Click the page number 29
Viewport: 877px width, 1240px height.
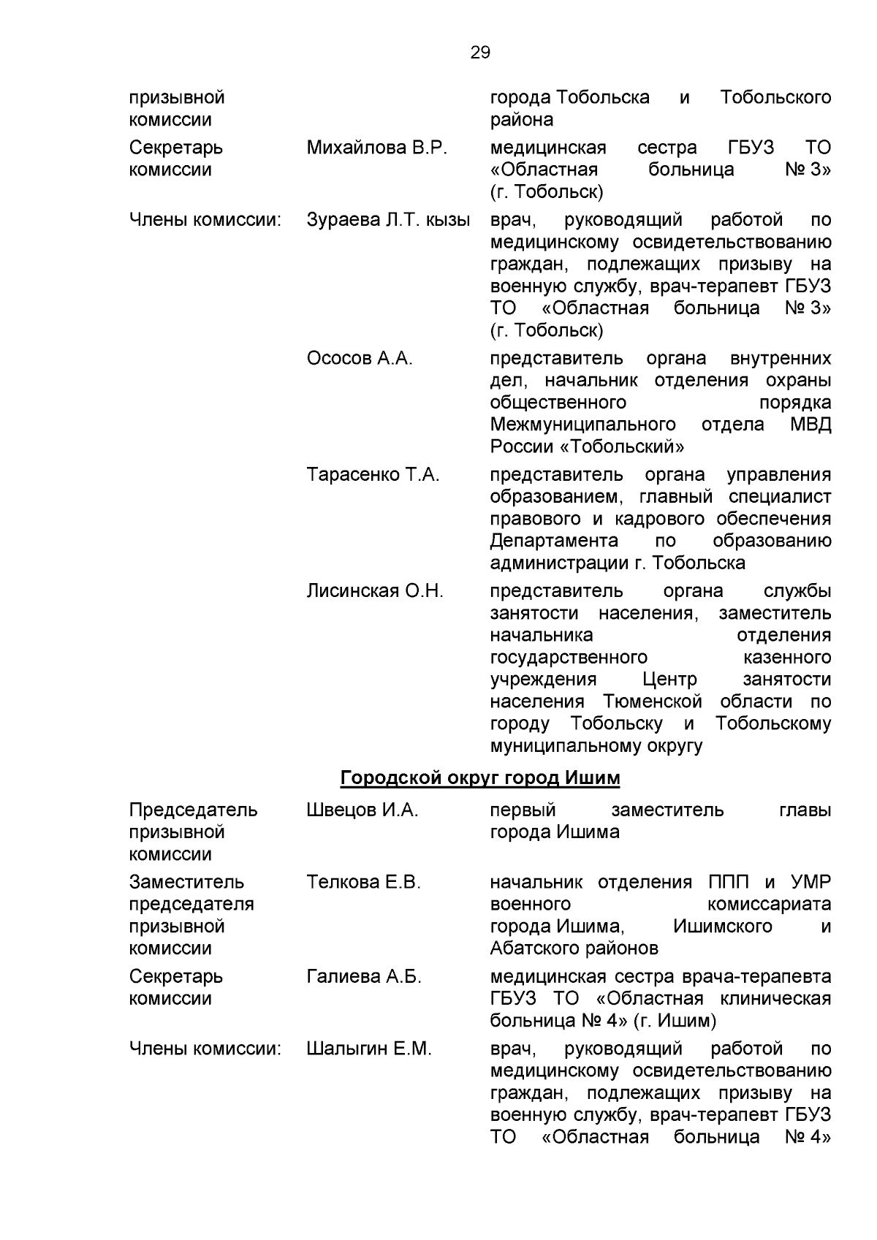(480, 53)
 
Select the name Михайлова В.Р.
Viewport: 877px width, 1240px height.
(376, 148)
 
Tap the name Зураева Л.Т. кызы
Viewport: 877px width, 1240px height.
(388, 220)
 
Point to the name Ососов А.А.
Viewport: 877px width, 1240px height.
(360, 359)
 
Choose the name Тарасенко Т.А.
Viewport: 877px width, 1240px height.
(373, 475)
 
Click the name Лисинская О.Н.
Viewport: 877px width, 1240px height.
(375, 591)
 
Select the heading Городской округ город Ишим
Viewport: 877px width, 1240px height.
(480, 779)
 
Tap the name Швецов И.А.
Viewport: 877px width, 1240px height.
(362, 810)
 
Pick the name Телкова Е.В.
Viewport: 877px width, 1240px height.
(363, 883)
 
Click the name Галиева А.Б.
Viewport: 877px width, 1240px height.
(364, 977)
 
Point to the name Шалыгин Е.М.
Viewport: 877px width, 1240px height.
(369, 1049)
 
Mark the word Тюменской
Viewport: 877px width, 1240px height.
(652, 702)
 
